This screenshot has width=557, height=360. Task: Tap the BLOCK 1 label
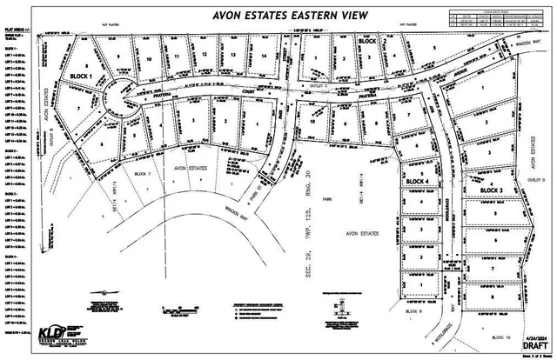pos(82,76)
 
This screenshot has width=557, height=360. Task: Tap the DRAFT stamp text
pos(537,345)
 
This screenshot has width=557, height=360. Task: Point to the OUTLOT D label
pos(540,181)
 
